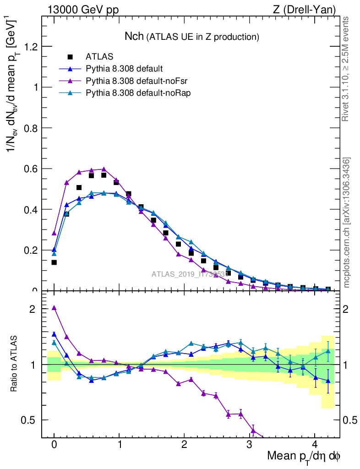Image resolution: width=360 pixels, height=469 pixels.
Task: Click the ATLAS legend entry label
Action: point(99,57)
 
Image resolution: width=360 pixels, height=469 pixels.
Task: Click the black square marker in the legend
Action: point(70,57)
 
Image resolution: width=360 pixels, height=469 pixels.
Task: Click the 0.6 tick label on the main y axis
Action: point(30,169)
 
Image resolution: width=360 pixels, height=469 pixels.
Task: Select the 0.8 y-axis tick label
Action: point(30,128)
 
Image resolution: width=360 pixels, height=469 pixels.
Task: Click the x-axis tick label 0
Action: point(54,444)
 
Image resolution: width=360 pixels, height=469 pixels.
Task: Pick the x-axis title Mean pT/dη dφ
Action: point(304,457)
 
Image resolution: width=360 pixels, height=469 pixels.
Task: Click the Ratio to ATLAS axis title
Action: point(15,364)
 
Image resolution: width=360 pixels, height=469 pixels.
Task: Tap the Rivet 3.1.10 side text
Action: point(346,69)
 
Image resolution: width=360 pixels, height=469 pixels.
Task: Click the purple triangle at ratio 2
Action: point(54,308)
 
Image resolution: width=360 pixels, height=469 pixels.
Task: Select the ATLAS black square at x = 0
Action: point(54,262)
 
